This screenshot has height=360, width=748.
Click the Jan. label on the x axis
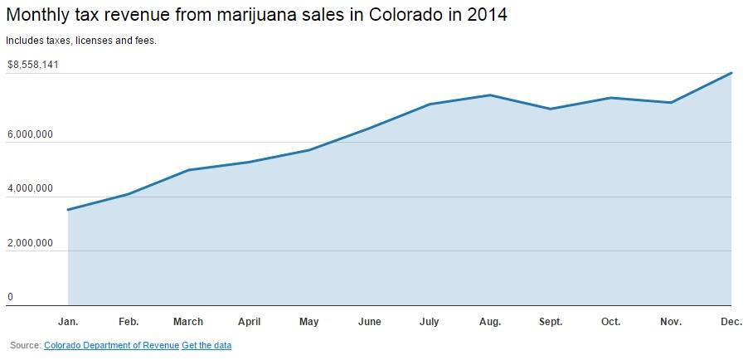click(68, 322)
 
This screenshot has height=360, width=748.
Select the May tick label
click(308, 322)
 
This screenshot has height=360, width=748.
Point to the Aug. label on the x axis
click(490, 322)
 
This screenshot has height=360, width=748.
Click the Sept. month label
click(551, 322)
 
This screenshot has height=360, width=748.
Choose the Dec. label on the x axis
click(731, 322)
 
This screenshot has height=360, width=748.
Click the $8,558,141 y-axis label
click(32, 65)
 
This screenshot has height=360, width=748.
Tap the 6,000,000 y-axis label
click(30, 134)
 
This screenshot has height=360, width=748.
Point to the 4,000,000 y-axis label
click(30, 189)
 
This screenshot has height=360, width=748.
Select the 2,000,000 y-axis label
click(30, 244)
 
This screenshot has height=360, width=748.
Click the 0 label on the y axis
click(11, 297)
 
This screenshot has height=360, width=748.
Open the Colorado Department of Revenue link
click(111, 345)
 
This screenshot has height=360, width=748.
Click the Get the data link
click(206, 345)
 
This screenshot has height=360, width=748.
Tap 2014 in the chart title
click(485, 15)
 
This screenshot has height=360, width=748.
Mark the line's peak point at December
click(731, 73)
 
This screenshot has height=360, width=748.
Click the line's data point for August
click(490, 95)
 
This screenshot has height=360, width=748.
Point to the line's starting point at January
click(68, 210)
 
